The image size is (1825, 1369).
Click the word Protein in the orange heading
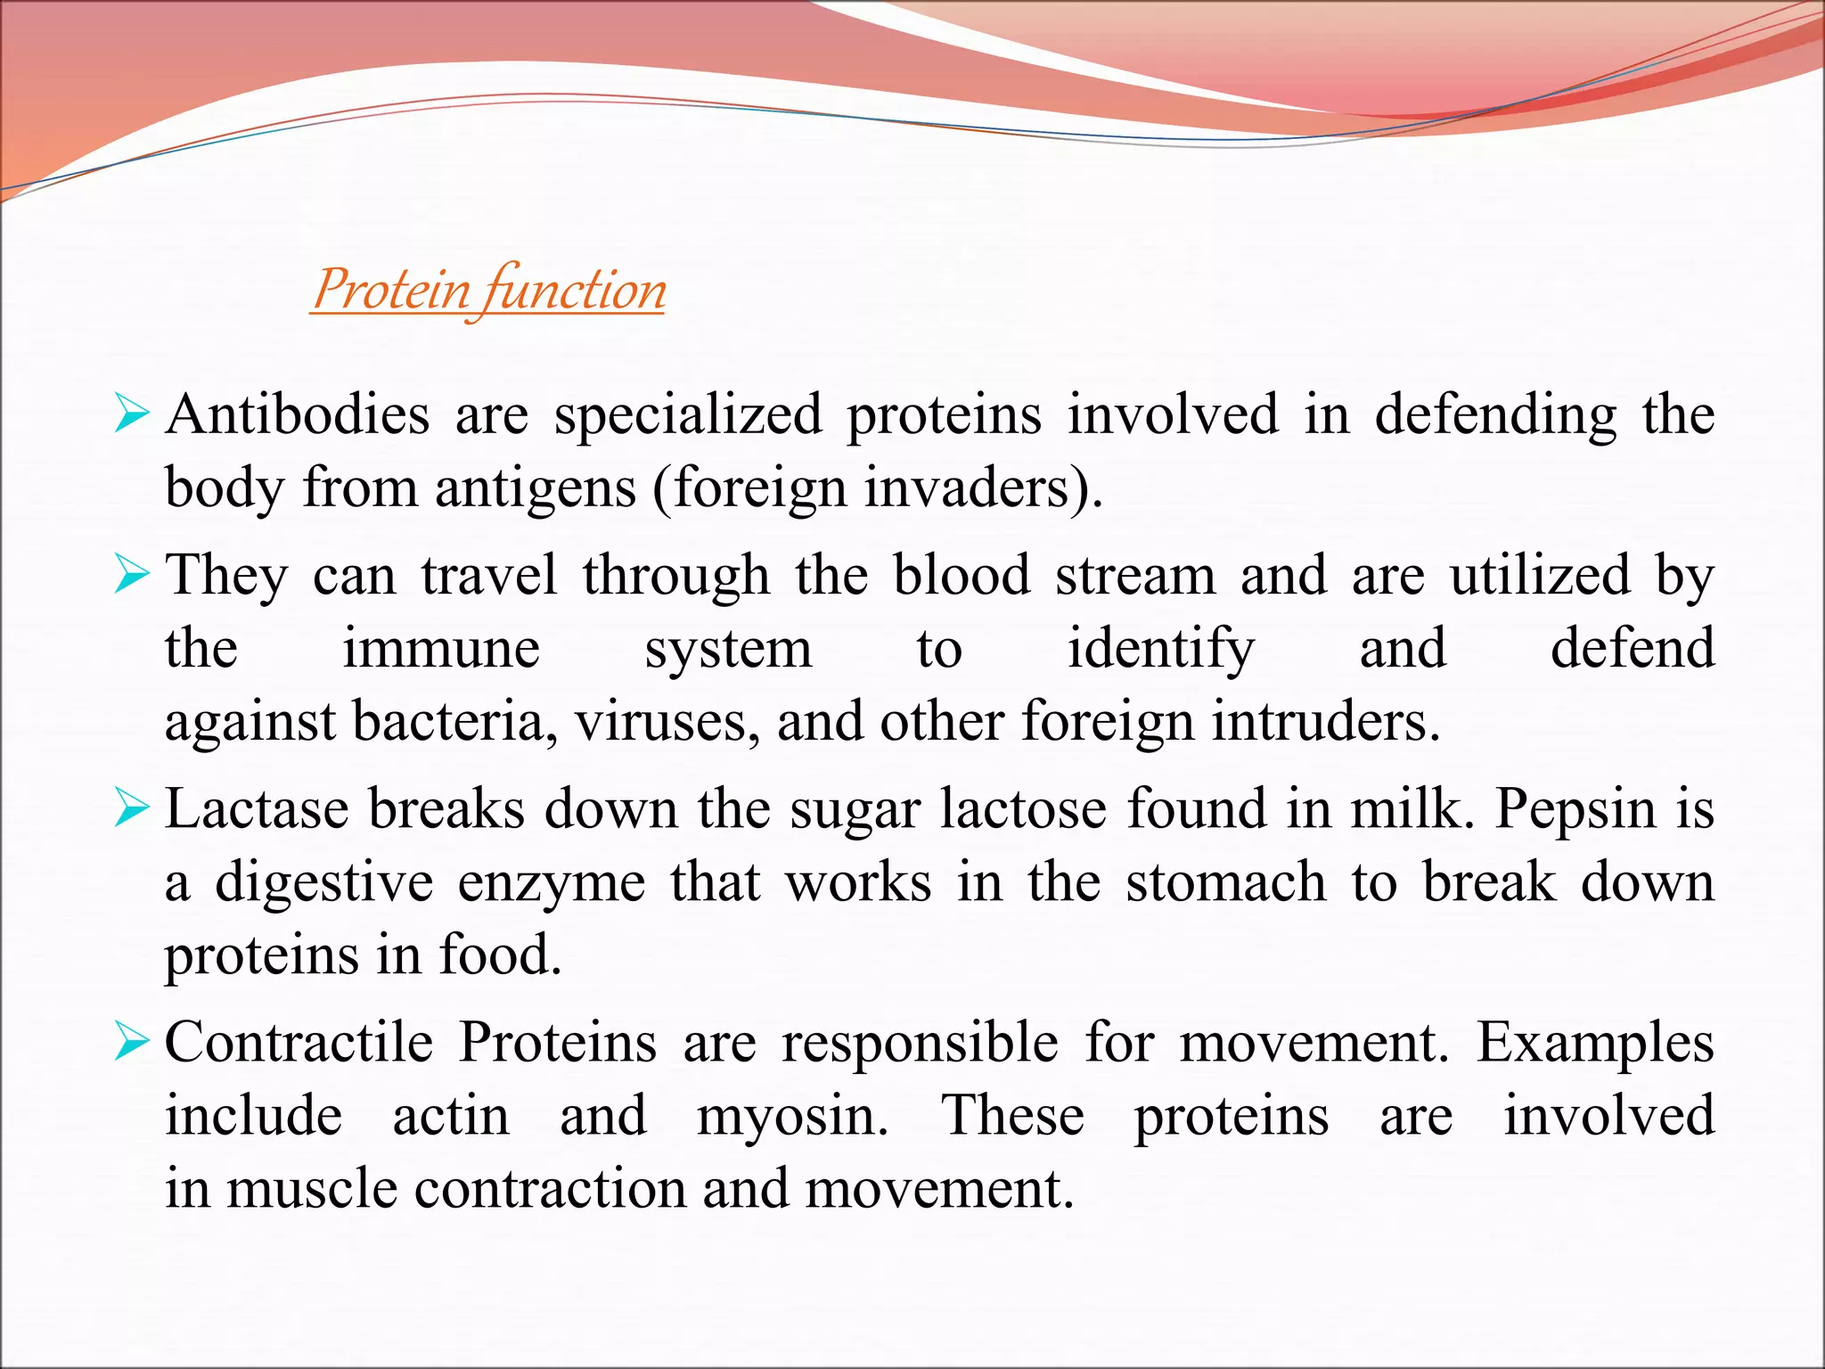(392, 291)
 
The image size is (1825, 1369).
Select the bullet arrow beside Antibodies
(132, 415)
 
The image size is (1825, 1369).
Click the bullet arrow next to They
(132, 575)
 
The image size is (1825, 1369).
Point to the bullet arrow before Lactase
(132, 809)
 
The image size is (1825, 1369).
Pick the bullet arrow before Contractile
(132, 1043)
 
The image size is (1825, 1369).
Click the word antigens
(536, 488)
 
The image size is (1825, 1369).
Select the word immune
(441, 648)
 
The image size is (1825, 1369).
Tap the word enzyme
(552, 882)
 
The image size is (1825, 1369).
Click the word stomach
(1226, 882)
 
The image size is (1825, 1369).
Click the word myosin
(791, 1116)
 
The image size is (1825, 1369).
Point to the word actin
(451, 1116)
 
